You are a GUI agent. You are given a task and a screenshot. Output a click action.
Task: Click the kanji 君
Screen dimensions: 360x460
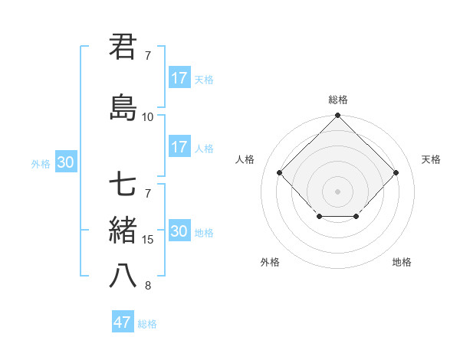(123, 47)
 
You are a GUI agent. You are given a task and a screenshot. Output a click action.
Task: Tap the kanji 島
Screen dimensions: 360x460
(123, 107)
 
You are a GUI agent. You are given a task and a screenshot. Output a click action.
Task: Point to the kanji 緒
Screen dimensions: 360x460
(123, 230)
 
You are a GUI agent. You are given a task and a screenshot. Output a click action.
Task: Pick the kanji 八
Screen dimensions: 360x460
(123, 276)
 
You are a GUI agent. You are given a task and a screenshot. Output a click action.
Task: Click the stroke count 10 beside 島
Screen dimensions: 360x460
(147, 117)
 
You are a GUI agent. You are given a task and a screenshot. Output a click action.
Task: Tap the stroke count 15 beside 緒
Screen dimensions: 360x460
(147, 240)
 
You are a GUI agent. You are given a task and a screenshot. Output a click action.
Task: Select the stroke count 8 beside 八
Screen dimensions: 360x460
(147, 286)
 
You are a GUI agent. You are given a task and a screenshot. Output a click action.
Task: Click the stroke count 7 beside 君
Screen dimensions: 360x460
(147, 56)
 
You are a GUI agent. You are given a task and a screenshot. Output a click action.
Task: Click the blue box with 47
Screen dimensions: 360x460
(123, 322)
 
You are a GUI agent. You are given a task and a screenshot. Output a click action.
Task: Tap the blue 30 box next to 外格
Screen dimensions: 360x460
(65, 162)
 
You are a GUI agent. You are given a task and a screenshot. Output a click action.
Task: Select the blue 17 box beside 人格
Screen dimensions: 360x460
(179, 147)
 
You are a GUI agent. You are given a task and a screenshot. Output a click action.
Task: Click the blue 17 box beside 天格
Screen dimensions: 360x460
(179, 78)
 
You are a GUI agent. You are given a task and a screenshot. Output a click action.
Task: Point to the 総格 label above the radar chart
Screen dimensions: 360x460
(337, 100)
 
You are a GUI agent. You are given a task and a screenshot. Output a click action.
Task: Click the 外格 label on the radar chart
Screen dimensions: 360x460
(270, 262)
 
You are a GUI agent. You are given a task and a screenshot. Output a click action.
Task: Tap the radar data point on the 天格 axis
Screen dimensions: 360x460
(396, 172)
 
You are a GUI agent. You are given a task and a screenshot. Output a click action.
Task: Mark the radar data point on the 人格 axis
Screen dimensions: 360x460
(280, 172)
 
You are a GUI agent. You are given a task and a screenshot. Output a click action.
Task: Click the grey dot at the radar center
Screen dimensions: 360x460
(337, 191)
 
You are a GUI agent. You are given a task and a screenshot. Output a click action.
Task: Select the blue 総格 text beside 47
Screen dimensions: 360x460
(147, 324)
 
